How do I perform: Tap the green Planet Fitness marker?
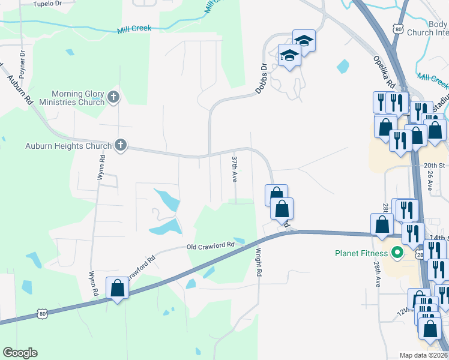click(x=396, y=253)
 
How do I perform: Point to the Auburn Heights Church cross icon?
click(x=121, y=145)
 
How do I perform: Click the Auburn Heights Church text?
click(x=68, y=146)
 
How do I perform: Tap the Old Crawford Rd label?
click(x=210, y=245)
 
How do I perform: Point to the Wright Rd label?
click(x=259, y=263)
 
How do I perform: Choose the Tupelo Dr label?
click(x=47, y=4)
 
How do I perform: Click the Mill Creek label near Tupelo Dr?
click(x=134, y=28)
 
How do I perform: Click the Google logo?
click(x=19, y=353)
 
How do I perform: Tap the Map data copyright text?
click(x=424, y=355)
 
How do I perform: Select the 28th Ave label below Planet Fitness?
click(x=378, y=274)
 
